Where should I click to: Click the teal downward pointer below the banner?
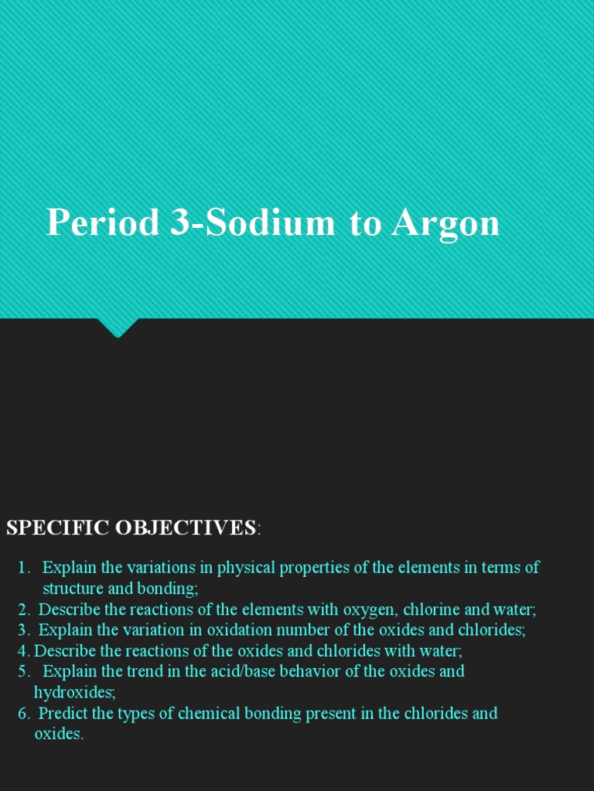point(118,328)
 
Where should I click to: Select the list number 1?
point(23,568)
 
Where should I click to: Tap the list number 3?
point(23,630)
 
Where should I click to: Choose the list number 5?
point(23,671)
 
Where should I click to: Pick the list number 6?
point(23,713)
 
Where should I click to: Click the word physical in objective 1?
point(246,568)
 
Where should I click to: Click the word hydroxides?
point(73,692)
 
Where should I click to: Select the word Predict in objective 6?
point(63,713)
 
